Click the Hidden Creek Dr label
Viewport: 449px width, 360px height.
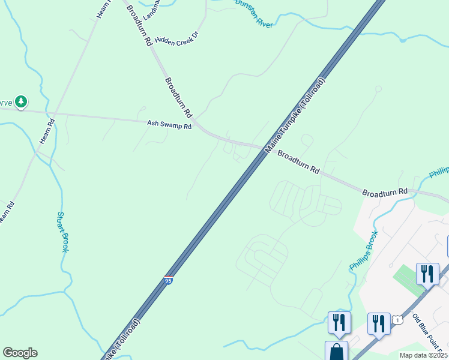(x=176, y=38)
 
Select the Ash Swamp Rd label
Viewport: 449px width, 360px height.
(x=169, y=125)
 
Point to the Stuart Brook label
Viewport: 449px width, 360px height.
(x=62, y=232)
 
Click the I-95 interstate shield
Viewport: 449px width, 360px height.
(x=169, y=280)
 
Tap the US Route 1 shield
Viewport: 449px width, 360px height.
(x=397, y=320)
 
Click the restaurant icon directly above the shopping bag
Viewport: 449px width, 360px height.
(x=339, y=322)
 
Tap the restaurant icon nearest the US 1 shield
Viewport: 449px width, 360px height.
(x=378, y=323)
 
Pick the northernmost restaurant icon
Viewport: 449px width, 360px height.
(x=427, y=274)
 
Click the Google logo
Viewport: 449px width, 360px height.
(x=20, y=353)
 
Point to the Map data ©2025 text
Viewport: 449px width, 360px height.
(x=423, y=355)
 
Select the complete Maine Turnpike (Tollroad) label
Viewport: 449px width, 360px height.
(x=295, y=113)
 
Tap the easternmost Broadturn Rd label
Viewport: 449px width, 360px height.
(x=385, y=192)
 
